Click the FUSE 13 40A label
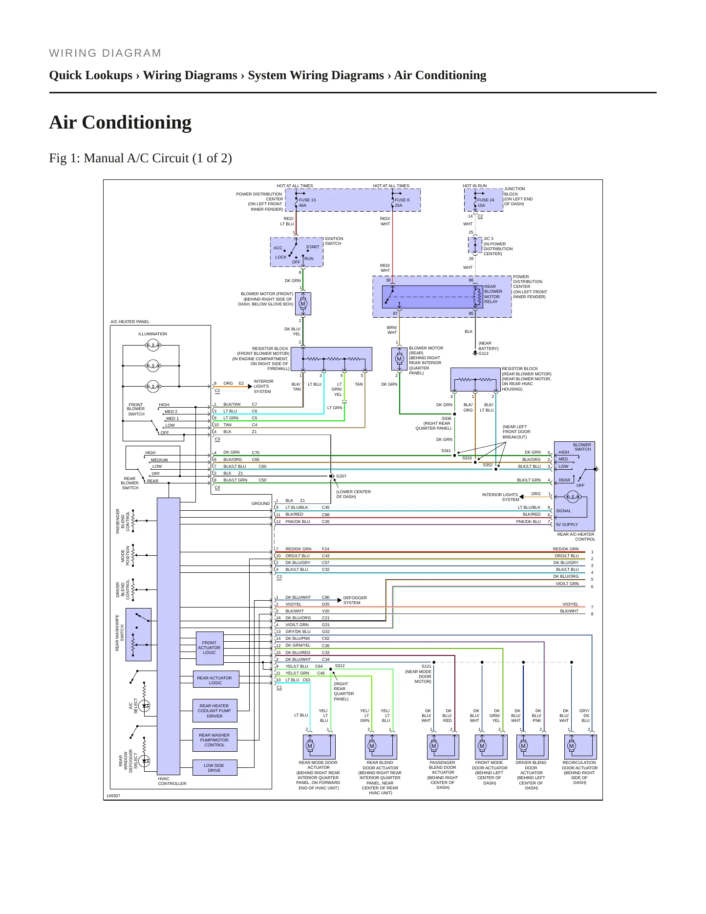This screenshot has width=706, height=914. [x=307, y=203]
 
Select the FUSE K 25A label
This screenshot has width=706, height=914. [x=402, y=203]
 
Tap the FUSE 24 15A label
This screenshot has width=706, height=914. [x=486, y=203]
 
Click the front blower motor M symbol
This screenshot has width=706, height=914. [x=303, y=304]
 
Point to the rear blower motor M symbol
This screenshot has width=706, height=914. [x=399, y=359]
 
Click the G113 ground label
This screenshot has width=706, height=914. [x=483, y=353]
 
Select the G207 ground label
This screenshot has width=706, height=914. [x=341, y=476]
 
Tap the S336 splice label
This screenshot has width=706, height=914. [x=447, y=418]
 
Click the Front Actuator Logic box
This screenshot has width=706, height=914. [x=210, y=648]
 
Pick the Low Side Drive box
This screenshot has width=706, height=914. [x=214, y=768]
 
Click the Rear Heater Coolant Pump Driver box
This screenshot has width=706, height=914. [x=214, y=711]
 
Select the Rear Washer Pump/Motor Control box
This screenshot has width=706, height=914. [x=214, y=740]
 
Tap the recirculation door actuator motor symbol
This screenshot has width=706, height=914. [x=572, y=746]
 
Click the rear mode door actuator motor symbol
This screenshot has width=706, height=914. [x=310, y=746]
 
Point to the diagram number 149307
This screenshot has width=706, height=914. [x=113, y=796]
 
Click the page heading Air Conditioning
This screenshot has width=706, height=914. [x=120, y=122]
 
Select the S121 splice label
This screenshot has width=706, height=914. [x=427, y=666]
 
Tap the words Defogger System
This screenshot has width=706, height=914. [x=355, y=600]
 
